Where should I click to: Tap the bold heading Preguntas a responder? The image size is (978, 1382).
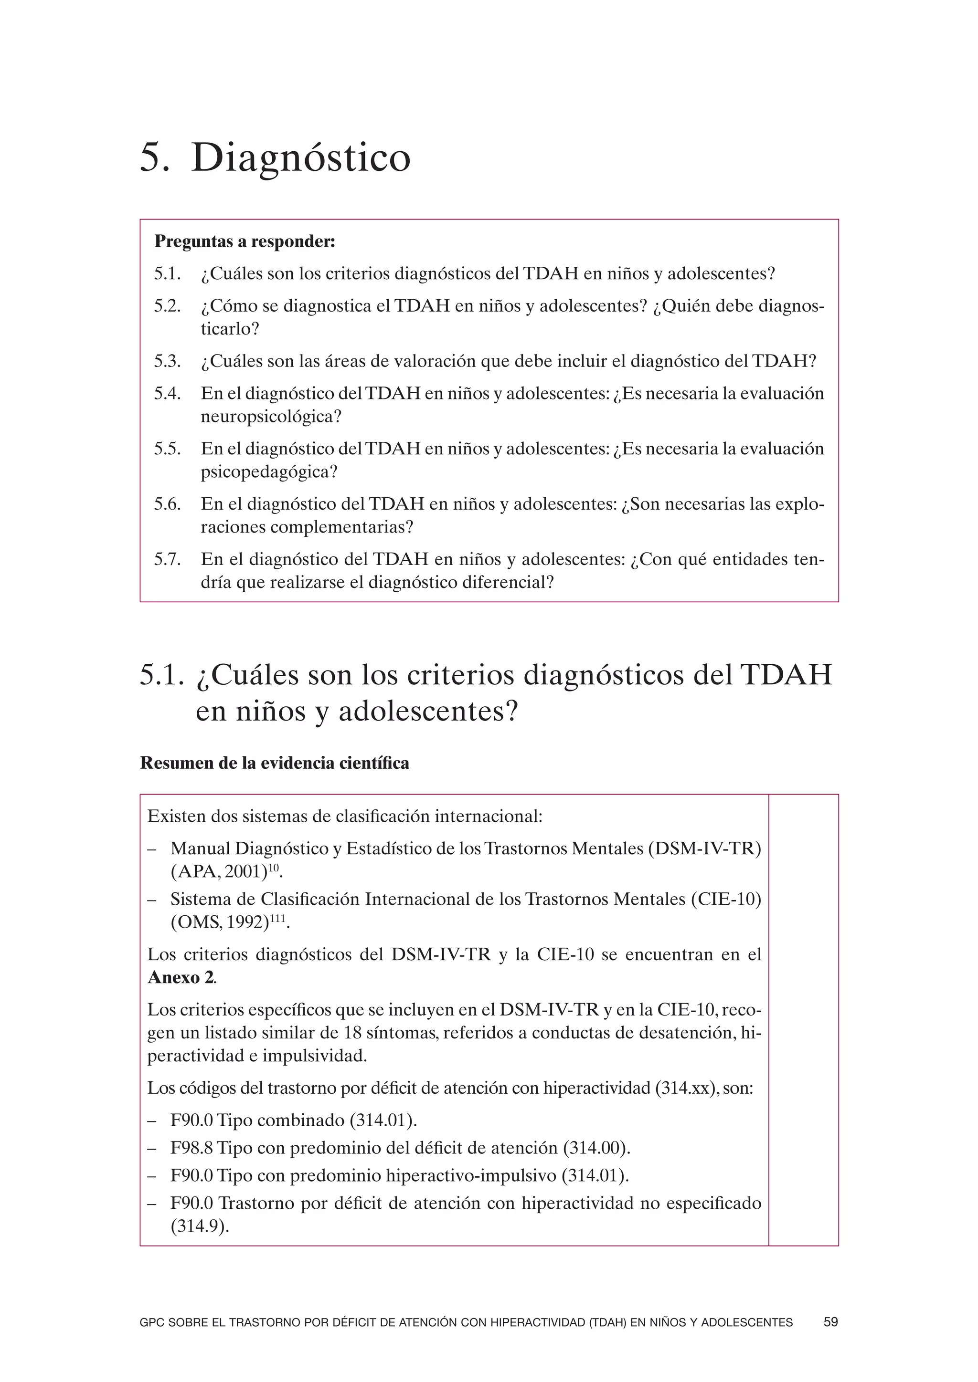tap(244, 241)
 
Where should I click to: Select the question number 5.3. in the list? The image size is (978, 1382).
tap(168, 361)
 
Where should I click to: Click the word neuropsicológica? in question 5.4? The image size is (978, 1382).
tap(271, 417)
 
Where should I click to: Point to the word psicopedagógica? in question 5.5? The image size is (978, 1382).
tap(269, 472)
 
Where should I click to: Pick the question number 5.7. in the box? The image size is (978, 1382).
tap(168, 560)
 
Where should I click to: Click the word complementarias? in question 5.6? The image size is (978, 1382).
tap(341, 527)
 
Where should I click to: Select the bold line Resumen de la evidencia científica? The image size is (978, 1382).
tap(275, 763)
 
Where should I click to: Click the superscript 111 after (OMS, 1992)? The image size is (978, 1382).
tap(278, 918)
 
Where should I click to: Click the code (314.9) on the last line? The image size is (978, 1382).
tap(199, 1226)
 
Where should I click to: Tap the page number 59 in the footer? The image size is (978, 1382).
tap(830, 1322)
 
